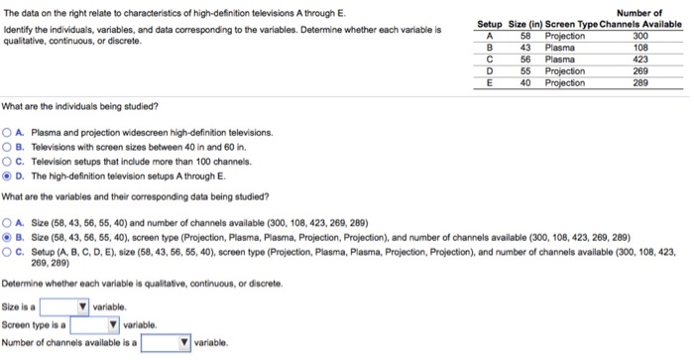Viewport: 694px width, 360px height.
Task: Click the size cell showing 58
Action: (x=526, y=35)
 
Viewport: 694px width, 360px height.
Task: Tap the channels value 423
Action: (x=639, y=59)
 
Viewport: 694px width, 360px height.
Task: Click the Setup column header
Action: (x=490, y=23)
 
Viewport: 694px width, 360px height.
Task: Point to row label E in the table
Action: (x=489, y=82)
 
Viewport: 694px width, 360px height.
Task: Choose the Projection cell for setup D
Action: (x=565, y=70)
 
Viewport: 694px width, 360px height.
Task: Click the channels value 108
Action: (x=639, y=47)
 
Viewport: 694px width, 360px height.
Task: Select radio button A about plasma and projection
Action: (x=8, y=132)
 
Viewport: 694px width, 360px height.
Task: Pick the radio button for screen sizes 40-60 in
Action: (x=8, y=147)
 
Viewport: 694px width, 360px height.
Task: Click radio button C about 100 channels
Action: (x=8, y=161)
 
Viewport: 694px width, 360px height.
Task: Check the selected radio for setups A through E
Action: (x=8, y=176)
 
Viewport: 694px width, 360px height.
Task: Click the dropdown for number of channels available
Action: (x=167, y=342)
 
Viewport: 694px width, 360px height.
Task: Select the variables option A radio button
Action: (x=8, y=223)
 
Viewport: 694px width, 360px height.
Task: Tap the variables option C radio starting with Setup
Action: (x=8, y=252)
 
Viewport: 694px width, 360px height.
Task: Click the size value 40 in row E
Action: (x=526, y=82)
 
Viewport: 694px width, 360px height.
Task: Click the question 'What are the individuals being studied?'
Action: (x=79, y=106)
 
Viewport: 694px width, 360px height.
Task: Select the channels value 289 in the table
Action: (x=639, y=82)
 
